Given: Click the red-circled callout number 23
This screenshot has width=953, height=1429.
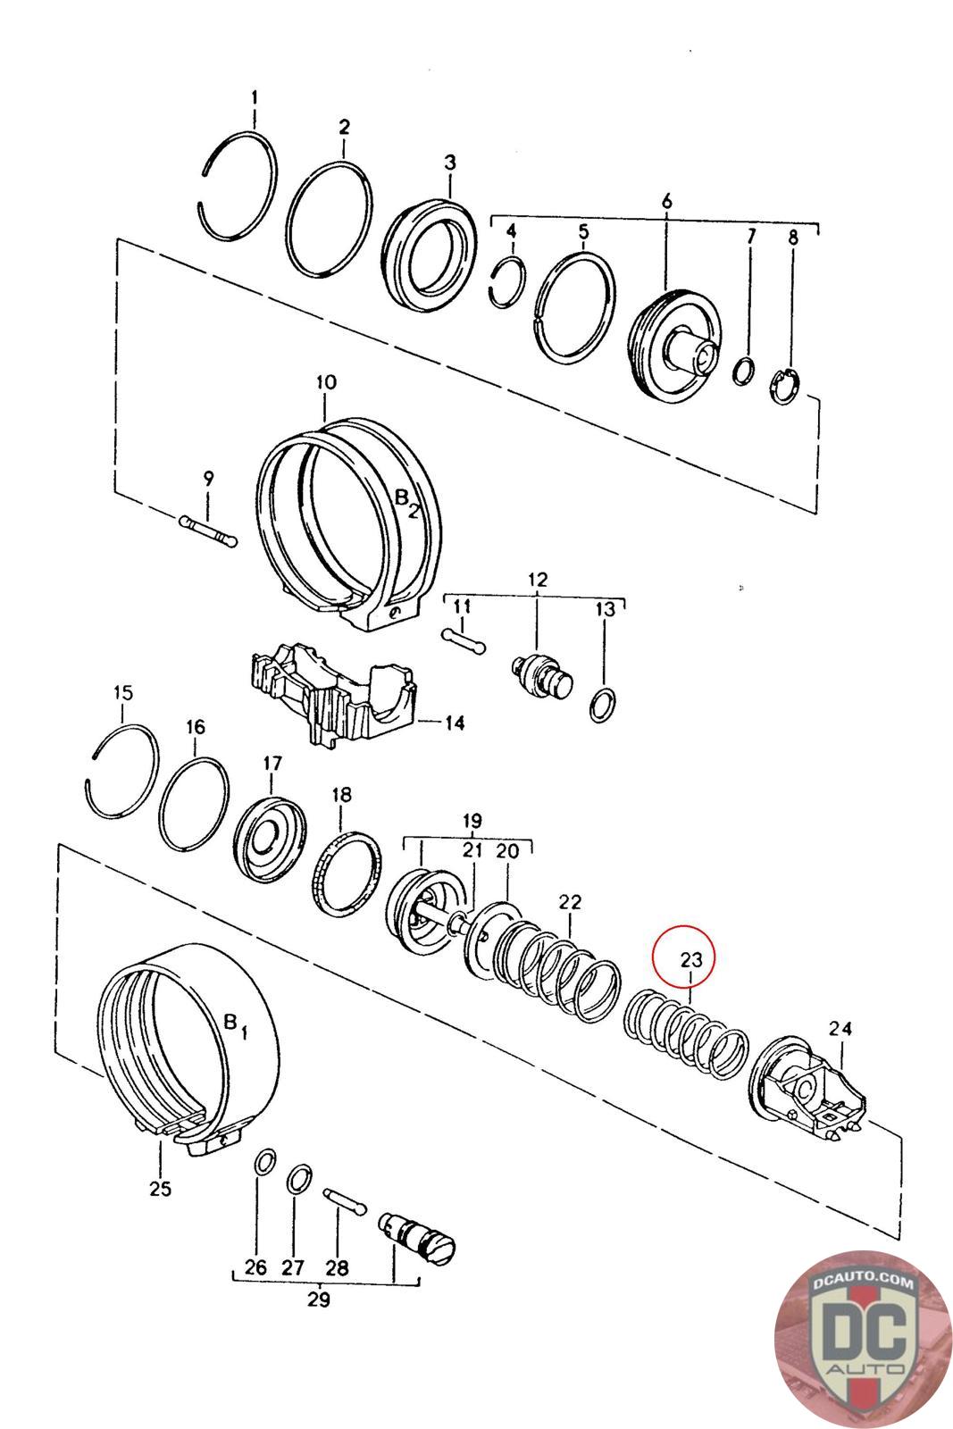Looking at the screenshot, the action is pyautogui.click(x=690, y=959).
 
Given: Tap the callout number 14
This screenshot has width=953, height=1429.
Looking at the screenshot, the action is pyautogui.click(x=455, y=723).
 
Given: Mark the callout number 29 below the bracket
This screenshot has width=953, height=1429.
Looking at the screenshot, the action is pyautogui.click(x=318, y=1299).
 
